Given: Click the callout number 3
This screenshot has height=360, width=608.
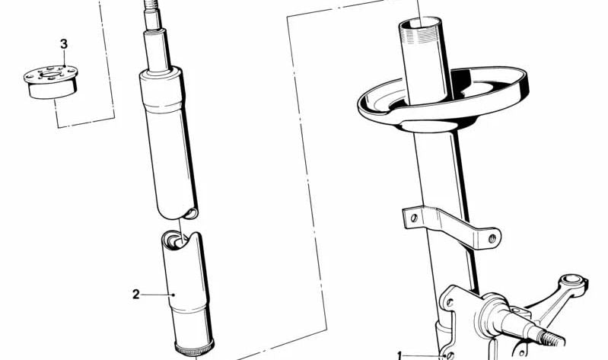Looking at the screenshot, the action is coord(64,44).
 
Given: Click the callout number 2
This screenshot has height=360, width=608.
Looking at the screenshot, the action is coord(135,295).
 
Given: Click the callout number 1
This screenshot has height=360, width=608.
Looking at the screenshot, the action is coord(400,355).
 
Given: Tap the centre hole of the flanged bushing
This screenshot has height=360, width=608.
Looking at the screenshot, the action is coord(50,74).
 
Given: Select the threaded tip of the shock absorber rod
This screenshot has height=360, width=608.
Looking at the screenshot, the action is coord(151,5).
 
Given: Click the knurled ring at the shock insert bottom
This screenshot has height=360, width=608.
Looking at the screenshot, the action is coord(194,349).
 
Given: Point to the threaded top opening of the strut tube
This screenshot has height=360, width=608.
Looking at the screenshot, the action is coord(420,24).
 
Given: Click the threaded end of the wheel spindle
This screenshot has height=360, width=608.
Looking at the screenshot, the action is coord(552,338).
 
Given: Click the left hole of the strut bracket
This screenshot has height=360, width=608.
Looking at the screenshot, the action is coord(414,217).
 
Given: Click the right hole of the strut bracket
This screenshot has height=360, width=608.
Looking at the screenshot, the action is coord(492,238).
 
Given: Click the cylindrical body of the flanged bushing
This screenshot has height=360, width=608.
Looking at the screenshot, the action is coord(52,90).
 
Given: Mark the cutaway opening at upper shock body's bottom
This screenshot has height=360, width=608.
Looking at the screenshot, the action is coord(190,212).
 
